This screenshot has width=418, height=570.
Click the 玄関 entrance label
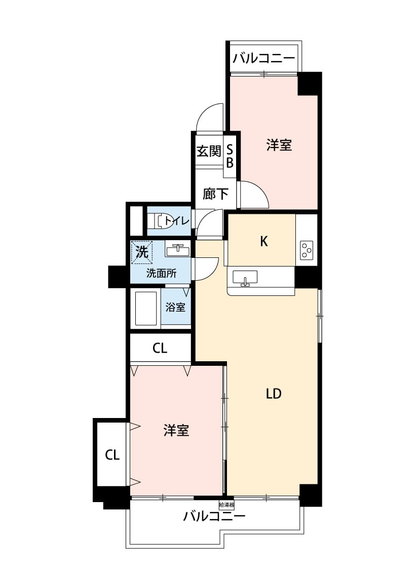click(x=209, y=151)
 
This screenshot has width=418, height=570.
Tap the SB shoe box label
click(x=230, y=156)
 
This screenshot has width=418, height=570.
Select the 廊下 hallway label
click(x=215, y=194)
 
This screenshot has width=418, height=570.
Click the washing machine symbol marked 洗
click(x=142, y=252)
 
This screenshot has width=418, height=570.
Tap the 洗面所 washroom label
click(x=161, y=274)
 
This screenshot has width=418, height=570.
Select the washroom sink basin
click(x=178, y=249)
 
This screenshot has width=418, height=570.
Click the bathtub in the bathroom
click(x=145, y=309)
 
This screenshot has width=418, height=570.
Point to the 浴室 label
click(x=176, y=307)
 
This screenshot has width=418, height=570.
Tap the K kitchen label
click(x=263, y=242)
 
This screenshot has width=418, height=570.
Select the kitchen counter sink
click(x=245, y=278)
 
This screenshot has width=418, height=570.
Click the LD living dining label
click(x=274, y=394)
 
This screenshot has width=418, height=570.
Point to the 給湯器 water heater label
click(x=226, y=505)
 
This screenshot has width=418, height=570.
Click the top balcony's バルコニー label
click(x=263, y=58)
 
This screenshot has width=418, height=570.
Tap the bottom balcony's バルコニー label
click(x=214, y=517)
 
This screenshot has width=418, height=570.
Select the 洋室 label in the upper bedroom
click(x=279, y=146)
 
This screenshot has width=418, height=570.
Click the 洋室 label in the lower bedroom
click(x=176, y=431)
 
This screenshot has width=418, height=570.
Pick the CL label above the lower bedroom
click(x=160, y=349)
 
